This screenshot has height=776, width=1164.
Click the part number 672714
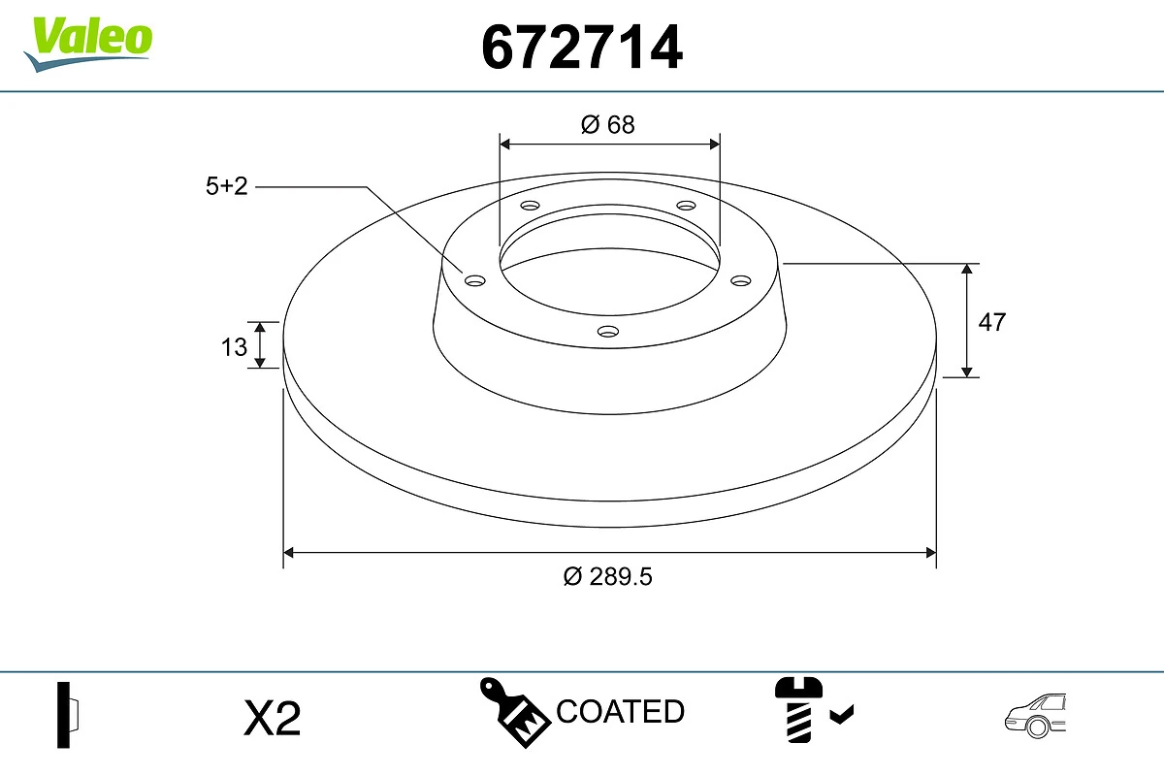(582, 48)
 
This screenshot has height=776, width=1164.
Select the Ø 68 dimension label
(608, 125)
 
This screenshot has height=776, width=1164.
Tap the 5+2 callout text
(227, 187)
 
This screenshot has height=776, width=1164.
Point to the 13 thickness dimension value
(234, 346)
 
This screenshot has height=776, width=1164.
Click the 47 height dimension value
(991, 323)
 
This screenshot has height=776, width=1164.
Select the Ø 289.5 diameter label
(608, 576)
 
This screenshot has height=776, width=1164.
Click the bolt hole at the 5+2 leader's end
(475, 280)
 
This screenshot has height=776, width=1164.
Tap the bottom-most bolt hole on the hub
(608, 332)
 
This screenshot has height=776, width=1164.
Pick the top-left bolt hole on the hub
(530, 206)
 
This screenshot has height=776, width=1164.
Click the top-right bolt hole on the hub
(687, 206)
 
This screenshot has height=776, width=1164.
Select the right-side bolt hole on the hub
(741, 280)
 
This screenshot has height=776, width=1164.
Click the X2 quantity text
(273, 719)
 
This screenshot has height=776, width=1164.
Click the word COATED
(621, 712)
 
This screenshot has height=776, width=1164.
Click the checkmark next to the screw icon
(842, 716)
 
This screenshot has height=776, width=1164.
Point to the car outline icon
(1035, 717)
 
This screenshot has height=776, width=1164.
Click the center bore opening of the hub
(609, 262)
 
